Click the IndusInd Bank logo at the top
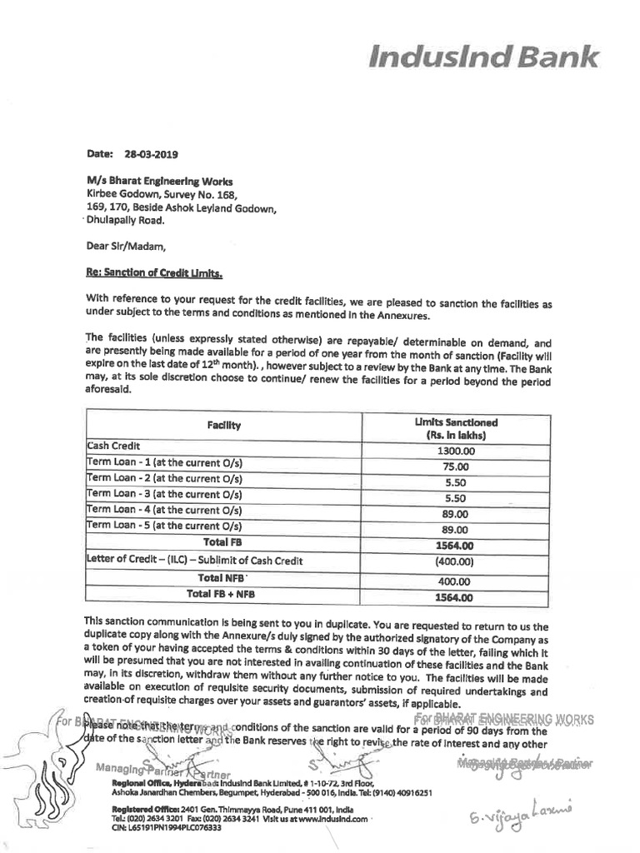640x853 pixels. [x=484, y=57]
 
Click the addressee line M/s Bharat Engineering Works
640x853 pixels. [x=160, y=181]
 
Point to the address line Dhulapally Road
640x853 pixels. [x=126, y=221]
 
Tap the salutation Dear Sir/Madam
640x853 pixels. [x=126, y=246]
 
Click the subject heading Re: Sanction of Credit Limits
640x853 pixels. [x=155, y=272]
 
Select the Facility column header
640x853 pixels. [x=223, y=426]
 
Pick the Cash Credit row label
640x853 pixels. [x=114, y=446]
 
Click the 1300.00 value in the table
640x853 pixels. [x=456, y=450]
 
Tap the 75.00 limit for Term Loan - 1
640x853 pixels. [x=456, y=466]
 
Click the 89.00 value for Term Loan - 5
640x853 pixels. [x=456, y=530]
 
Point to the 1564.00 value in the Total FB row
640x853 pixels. [x=455, y=546]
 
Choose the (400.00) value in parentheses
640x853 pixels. [x=455, y=561]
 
